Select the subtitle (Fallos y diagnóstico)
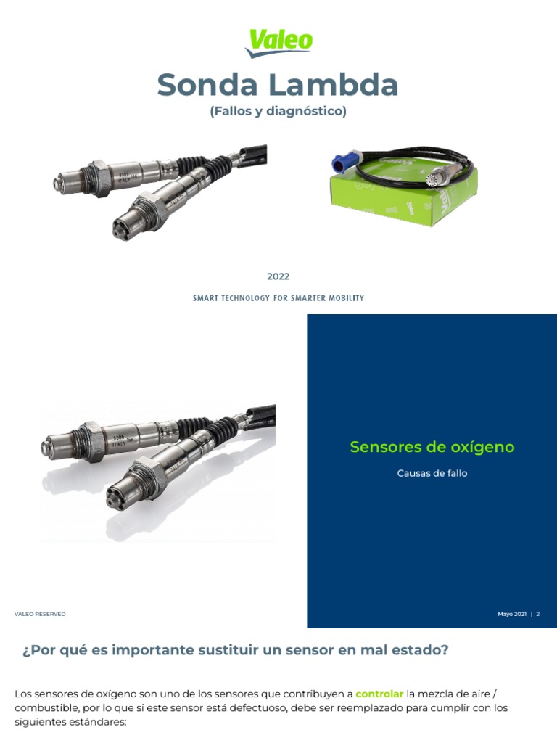(278, 112)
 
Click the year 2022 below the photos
(278, 276)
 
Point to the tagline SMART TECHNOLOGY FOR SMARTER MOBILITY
(278, 298)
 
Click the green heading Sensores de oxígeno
(432, 447)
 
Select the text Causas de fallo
(432, 473)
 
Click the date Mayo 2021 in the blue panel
(511, 614)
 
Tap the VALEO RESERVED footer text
(40, 614)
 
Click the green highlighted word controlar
(379, 694)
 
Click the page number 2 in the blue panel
(538, 614)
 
